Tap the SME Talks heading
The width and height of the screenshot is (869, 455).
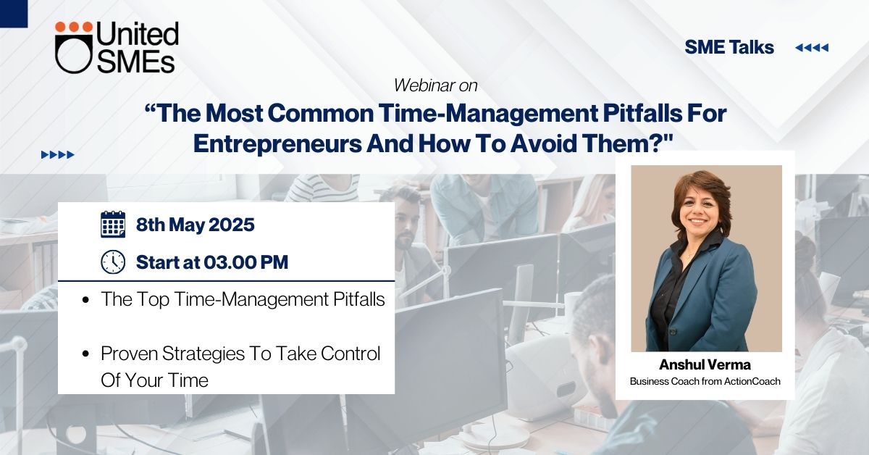[729, 47]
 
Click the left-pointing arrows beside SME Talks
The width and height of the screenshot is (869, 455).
[812, 48]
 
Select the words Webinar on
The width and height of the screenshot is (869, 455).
[435, 85]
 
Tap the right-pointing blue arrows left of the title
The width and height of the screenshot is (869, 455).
[57, 155]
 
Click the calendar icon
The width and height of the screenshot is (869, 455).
[113, 225]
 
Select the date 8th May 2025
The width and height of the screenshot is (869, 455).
[195, 225]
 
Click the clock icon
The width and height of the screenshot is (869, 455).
[113, 262]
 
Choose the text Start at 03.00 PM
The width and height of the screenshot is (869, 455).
[212, 262]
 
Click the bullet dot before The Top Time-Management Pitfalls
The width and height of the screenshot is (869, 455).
[85, 300]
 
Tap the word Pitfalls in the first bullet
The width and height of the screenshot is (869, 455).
[359, 299]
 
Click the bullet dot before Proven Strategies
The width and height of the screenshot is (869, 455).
[85, 354]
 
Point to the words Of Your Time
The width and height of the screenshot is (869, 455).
[154, 380]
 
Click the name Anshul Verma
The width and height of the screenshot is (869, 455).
[705, 364]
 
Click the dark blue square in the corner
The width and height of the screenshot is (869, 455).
[14, 14]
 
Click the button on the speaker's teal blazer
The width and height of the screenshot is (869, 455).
[673, 332]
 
